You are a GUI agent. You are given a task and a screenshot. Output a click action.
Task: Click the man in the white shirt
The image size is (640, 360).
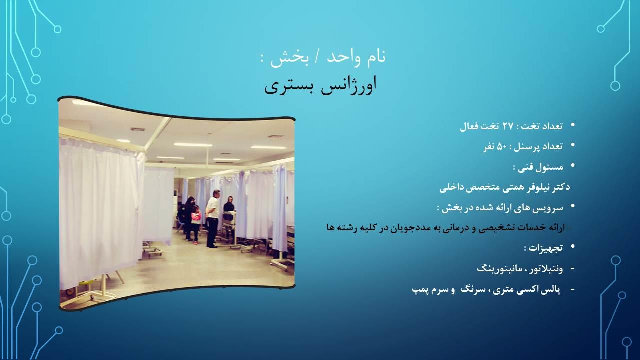213,217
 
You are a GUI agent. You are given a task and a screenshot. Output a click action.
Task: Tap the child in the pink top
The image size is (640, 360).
196,225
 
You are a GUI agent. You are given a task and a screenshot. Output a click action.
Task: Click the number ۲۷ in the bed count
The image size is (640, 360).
508,126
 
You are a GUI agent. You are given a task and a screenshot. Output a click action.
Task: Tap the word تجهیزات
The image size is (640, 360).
546,247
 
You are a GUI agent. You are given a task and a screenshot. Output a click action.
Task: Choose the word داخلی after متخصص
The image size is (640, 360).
452,187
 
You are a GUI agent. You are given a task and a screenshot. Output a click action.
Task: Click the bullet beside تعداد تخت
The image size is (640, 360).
572,125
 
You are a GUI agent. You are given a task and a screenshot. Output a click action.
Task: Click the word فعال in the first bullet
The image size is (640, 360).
471,126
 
